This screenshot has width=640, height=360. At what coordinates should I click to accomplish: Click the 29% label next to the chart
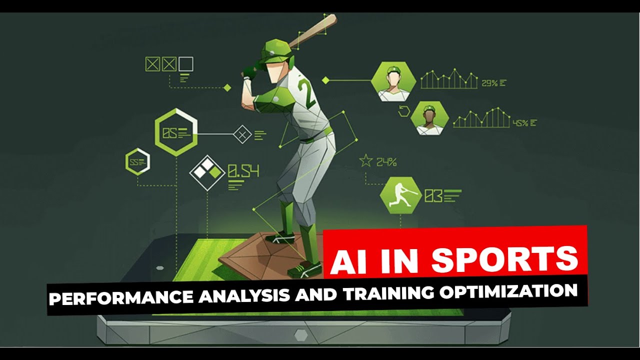[489, 83]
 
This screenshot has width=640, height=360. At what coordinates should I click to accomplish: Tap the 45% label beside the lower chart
[520, 122]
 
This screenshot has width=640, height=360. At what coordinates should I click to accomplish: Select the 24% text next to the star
[386, 162]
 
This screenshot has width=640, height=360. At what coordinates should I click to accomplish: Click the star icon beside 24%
[366, 161]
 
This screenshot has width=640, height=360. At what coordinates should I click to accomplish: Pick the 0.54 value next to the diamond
[243, 172]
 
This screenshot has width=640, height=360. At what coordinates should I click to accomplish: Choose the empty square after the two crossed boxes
[186, 64]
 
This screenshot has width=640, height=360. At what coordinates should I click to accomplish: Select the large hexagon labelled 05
[175, 132]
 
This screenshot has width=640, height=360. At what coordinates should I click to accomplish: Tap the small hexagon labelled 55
[137, 162]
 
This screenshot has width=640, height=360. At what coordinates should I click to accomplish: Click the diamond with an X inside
[242, 134]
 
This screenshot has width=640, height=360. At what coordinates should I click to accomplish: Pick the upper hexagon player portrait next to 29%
[393, 81]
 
